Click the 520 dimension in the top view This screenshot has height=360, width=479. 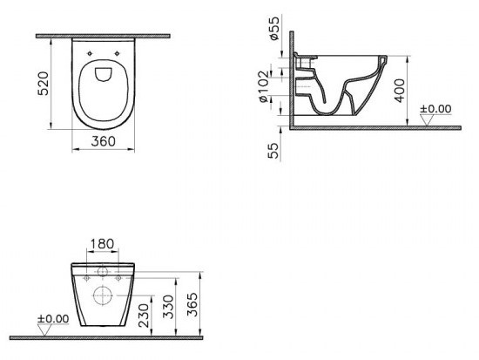tap(43, 84)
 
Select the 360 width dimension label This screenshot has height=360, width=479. tap(104, 141)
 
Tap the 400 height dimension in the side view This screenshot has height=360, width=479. tap(399, 91)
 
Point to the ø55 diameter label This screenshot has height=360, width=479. tap(274, 28)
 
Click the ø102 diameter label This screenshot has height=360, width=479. tap(263, 86)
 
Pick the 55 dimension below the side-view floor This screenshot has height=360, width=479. tap(273, 151)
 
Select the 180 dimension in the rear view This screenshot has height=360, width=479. tap(103, 244)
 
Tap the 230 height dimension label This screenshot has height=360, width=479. tap(144, 316)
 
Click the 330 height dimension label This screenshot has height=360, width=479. tap(168, 307)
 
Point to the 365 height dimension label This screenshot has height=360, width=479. tap(192, 304)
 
